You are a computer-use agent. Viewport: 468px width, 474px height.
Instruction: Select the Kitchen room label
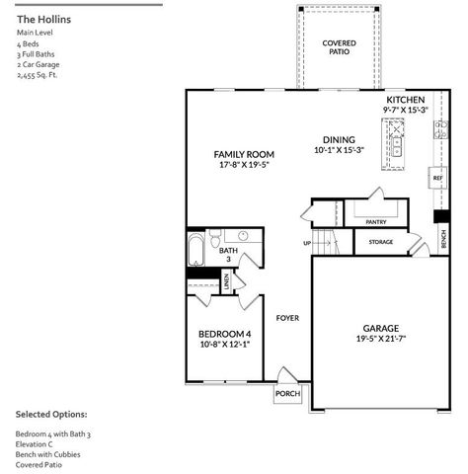404,101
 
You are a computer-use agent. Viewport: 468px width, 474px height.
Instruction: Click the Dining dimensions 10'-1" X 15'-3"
340,150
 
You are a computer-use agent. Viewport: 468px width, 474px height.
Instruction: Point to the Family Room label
244,155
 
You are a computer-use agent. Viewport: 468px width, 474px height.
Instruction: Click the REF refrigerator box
436,179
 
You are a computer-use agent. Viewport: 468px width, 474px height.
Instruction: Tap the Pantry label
375,222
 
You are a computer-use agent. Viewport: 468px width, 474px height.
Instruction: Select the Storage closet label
381,242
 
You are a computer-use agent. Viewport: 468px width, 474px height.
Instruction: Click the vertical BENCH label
443,237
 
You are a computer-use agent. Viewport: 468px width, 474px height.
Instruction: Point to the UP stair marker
307,243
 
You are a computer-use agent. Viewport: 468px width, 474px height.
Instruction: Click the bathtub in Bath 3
195,250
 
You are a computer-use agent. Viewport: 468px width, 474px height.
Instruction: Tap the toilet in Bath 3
242,237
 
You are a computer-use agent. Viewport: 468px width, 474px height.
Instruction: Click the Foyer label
287,318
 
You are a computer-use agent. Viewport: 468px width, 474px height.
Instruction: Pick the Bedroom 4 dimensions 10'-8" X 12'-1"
224,345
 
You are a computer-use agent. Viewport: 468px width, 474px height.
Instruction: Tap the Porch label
287,394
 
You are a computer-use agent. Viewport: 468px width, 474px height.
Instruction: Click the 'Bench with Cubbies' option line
48,454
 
